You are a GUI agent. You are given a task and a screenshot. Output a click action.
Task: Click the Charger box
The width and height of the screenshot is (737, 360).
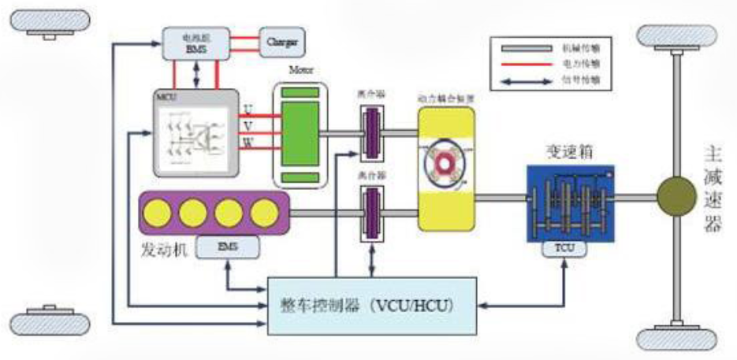[x=281, y=39]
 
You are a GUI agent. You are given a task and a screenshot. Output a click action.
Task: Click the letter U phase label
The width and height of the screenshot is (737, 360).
[x=248, y=109]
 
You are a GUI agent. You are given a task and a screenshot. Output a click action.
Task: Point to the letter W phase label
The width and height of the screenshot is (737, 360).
[x=248, y=142]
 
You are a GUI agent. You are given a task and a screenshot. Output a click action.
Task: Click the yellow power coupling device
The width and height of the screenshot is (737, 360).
[x=446, y=169]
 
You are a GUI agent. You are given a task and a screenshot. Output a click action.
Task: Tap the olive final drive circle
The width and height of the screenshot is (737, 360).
[x=676, y=195]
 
